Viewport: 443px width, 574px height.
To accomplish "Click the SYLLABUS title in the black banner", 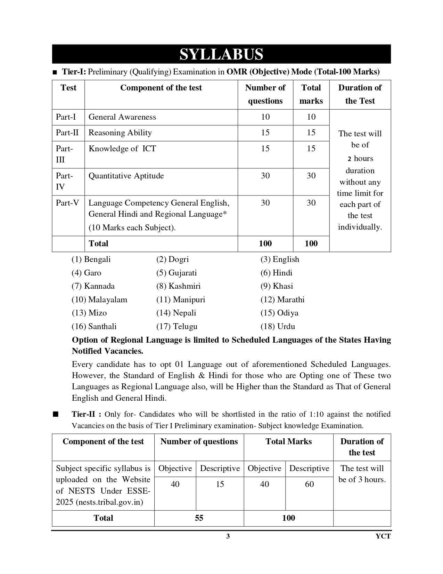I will [x=221, y=54].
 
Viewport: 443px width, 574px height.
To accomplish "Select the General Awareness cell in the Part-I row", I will [x=122, y=117].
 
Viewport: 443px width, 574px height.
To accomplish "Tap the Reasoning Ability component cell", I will [x=120, y=133].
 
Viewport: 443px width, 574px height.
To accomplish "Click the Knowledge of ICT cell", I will [x=122, y=149].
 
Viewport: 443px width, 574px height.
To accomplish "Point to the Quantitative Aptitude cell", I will [x=126, y=176].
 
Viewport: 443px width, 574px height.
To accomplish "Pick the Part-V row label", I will [x=67, y=203].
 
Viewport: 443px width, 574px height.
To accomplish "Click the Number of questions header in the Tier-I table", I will [x=265, y=94].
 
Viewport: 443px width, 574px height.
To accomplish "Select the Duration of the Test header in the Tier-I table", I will [x=360, y=94].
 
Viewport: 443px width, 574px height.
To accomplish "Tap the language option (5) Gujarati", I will [x=177, y=273].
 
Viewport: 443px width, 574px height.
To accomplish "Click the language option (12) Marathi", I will [x=282, y=300].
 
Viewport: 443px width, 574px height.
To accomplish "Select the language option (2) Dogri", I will [x=173, y=259].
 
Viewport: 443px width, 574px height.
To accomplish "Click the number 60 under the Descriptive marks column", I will [x=309, y=484].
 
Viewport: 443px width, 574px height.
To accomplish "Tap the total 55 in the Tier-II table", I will [x=199, y=518].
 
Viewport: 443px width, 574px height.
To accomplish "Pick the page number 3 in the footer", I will [x=228, y=536].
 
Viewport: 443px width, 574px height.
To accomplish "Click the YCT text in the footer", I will [x=383, y=536].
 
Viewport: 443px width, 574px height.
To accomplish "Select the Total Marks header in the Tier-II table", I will [x=288, y=441].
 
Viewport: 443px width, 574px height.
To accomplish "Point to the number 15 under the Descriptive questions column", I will [x=220, y=484].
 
